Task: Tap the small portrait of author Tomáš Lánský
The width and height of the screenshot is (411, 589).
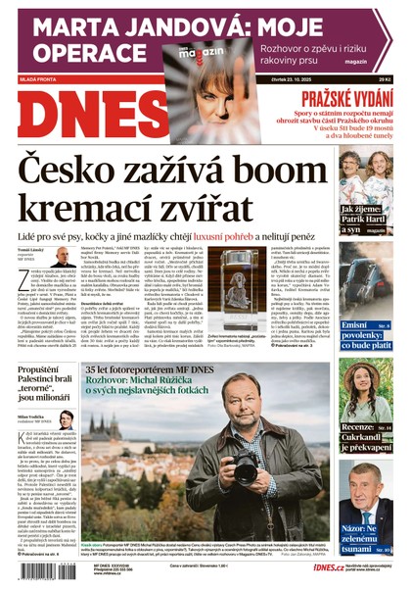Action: click(x=63, y=256)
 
